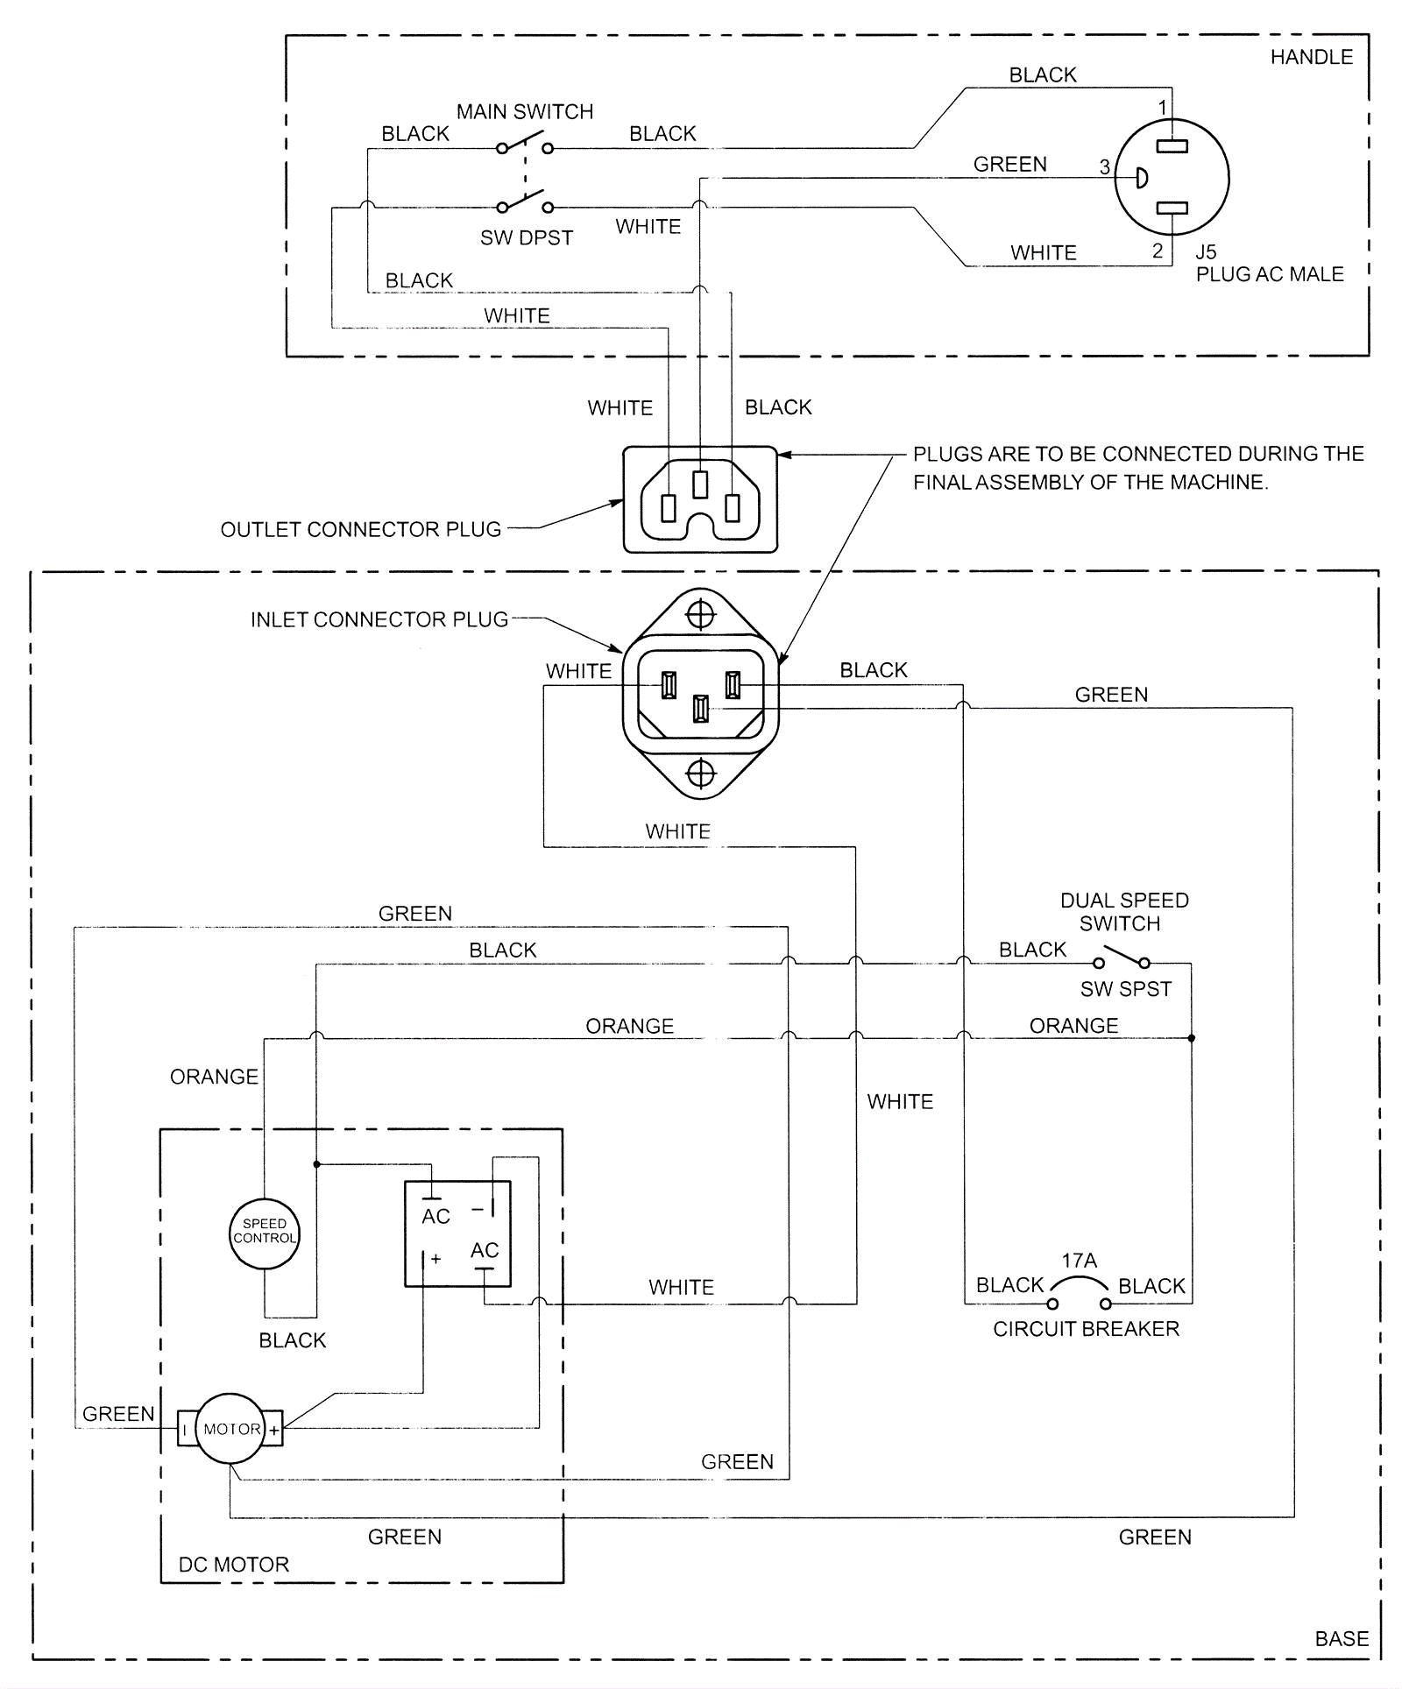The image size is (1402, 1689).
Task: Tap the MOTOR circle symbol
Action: [x=230, y=1429]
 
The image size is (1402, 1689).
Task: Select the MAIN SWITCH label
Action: [x=525, y=112]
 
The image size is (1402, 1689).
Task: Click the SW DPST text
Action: [x=527, y=238]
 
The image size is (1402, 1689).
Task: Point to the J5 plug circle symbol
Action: [x=1172, y=178]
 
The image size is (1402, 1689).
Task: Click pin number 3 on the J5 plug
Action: [x=1105, y=166]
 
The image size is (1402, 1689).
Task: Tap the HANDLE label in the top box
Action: [x=1311, y=58]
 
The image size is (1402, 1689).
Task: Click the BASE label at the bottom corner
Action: [x=1342, y=1639]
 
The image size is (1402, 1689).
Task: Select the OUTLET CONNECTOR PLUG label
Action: [x=360, y=530]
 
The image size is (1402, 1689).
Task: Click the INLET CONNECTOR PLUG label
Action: [x=379, y=620]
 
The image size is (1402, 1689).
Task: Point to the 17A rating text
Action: [x=1079, y=1261]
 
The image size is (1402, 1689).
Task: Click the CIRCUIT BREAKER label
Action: [x=1086, y=1329]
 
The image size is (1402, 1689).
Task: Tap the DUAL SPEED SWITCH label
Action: [x=1123, y=912]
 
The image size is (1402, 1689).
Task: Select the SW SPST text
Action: [x=1125, y=990]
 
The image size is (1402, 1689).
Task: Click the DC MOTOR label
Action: [x=233, y=1565]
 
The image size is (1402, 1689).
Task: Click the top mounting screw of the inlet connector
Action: [x=700, y=615]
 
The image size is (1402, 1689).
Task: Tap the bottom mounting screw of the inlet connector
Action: [x=700, y=774]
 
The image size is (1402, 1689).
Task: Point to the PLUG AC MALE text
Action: [x=1269, y=275]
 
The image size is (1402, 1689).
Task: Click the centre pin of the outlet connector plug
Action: [x=700, y=484]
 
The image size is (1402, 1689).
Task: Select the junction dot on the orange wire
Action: [x=1191, y=1038]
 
